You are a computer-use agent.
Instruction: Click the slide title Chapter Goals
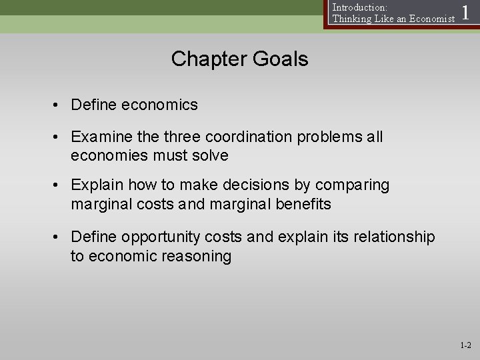point(239,59)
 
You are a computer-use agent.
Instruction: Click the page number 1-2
point(465,345)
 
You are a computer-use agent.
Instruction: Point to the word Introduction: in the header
point(359,7)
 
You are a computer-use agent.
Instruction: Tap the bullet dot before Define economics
point(59,105)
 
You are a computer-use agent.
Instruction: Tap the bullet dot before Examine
point(59,137)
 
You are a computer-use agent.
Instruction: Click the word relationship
point(395,237)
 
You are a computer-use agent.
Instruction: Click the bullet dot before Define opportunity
point(59,237)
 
